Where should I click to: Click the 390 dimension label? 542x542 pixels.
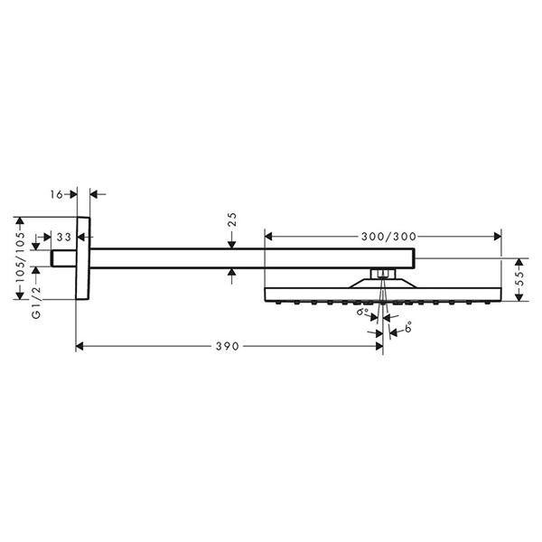227,346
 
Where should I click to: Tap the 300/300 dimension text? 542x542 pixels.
388,237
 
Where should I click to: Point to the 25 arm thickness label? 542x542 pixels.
233,220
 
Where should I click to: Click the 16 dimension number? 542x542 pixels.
57,194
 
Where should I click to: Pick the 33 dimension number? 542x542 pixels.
64,237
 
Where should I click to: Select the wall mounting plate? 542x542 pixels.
83,258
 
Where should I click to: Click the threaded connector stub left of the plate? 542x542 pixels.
63,258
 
